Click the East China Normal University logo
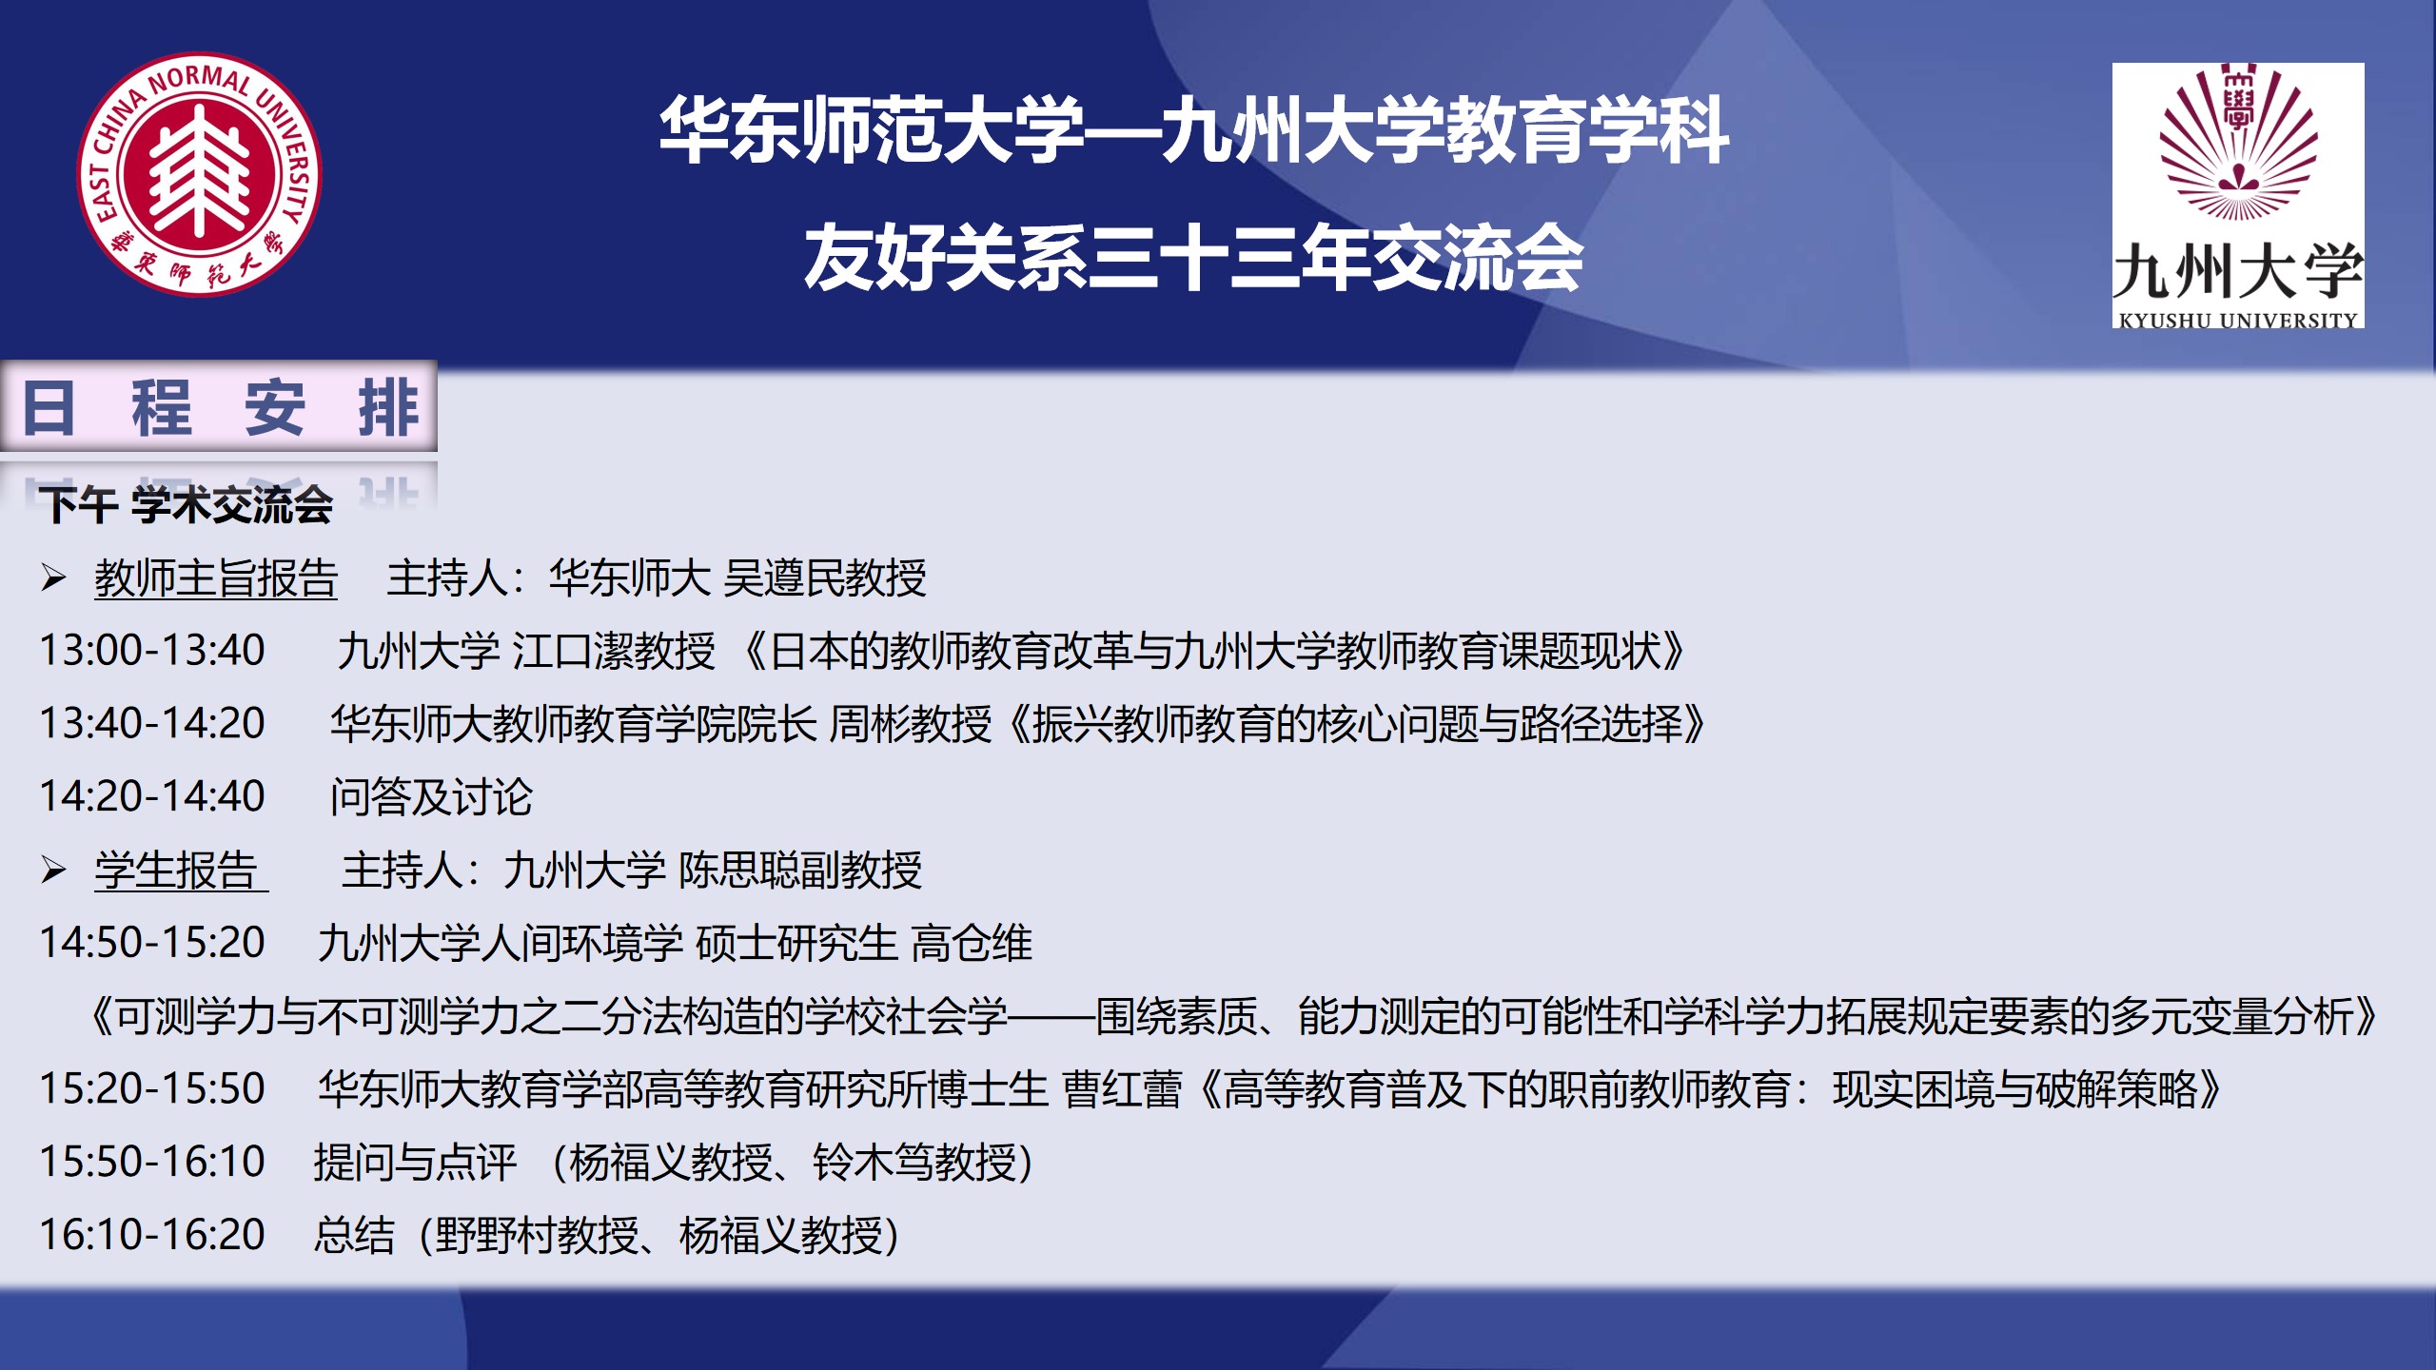point(199,174)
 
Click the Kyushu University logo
point(2238,196)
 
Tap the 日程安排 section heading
point(220,407)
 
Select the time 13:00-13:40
point(151,651)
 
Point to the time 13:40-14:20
point(151,724)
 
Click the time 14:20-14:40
point(151,796)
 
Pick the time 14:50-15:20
point(151,943)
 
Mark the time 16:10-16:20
point(151,1235)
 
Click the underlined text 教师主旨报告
point(216,578)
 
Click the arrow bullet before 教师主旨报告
point(53,577)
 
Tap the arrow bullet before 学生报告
point(53,870)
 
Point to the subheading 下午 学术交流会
point(187,504)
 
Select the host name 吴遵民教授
point(825,578)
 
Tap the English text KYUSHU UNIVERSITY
point(2238,321)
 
